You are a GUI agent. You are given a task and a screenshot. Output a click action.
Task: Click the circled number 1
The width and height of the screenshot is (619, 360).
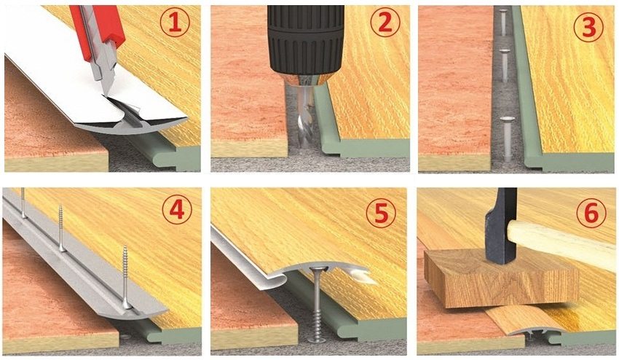tap(175, 23)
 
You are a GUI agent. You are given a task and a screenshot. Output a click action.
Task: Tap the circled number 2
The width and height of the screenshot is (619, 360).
tap(385, 23)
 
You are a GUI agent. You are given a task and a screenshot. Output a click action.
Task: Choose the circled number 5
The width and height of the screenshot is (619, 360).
tap(381, 214)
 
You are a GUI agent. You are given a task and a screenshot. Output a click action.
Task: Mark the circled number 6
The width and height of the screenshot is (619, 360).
tap(591, 214)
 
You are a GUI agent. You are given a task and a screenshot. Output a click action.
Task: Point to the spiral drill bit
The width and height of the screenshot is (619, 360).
tap(305, 119)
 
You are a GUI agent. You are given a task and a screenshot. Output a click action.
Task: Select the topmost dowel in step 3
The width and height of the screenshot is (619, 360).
tap(502, 22)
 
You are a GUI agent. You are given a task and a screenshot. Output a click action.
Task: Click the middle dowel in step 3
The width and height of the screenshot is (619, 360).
tap(503, 64)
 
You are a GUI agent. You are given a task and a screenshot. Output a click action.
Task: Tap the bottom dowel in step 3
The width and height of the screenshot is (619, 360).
tap(507, 138)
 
